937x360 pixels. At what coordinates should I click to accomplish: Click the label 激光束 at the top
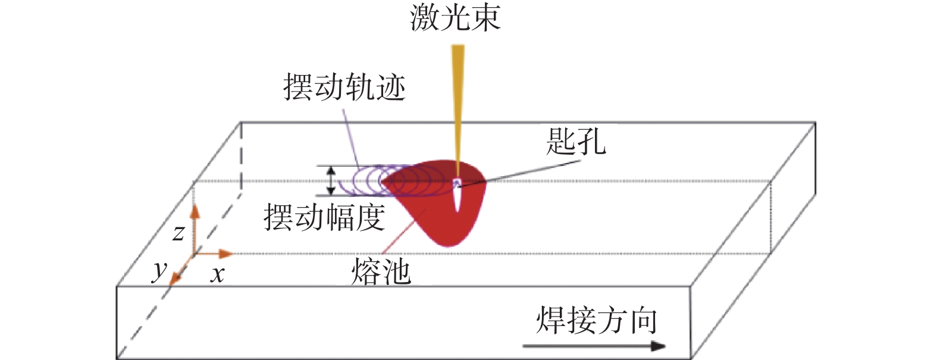[x=455, y=18]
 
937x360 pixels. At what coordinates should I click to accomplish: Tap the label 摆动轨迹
[x=344, y=87]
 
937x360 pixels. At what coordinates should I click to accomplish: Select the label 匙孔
[x=576, y=141]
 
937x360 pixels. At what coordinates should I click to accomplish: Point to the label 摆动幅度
[x=324, y=217]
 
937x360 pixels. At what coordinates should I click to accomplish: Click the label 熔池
[x=381, y=271]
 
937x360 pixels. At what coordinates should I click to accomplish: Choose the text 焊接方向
[x=597, y=320]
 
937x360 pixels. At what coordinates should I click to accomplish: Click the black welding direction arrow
[x=594, y=346]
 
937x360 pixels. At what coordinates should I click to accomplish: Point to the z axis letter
[x=178, y=233]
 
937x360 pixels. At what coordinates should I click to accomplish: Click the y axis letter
[x=159, y=271]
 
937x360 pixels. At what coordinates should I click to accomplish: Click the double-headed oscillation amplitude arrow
[x=331, y=181]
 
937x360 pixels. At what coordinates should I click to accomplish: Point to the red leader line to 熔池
[x=404, y=231]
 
